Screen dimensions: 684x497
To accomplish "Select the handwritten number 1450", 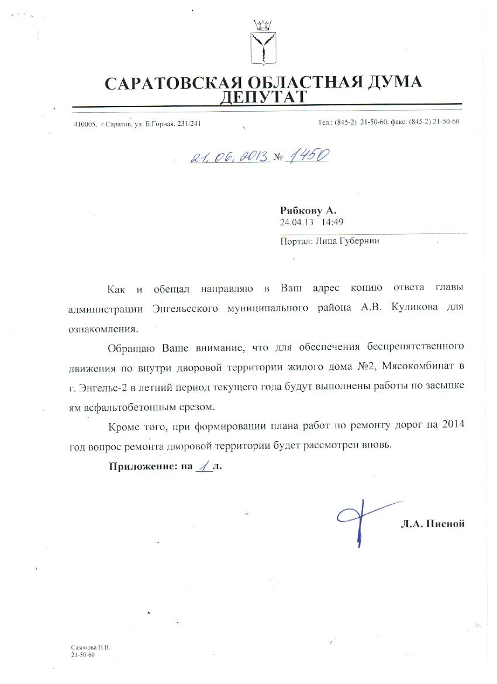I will (306, 154).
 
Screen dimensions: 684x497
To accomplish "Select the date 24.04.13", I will (296, 222).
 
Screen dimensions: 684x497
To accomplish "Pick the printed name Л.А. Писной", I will (433, 524).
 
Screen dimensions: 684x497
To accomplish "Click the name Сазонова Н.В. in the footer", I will (91, 648).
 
